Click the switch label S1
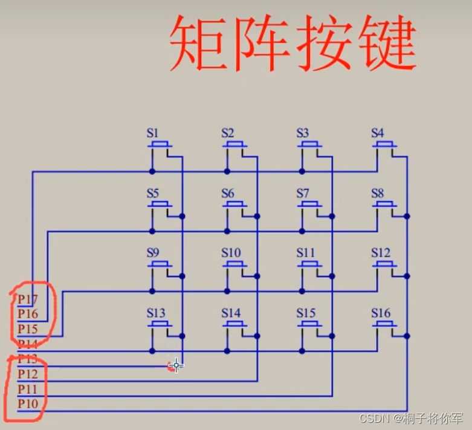[152, 133]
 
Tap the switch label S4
[377, 133]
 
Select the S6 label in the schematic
[227, 193]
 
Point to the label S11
[306, 252]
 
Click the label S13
[155, 313]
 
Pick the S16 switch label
[381, 313]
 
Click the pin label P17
[28, 299]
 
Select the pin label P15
[28, 329]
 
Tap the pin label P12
[28, 374]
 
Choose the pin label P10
[28, 403]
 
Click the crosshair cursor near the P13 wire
[176, 365]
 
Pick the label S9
[152, 252]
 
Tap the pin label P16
[28, 314]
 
